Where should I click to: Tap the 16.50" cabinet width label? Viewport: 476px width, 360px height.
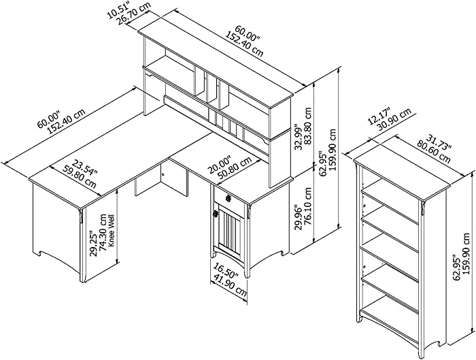(226, 272)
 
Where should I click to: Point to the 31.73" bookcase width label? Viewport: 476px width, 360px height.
(439, 142)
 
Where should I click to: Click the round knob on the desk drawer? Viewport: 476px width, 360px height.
(228, 199)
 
